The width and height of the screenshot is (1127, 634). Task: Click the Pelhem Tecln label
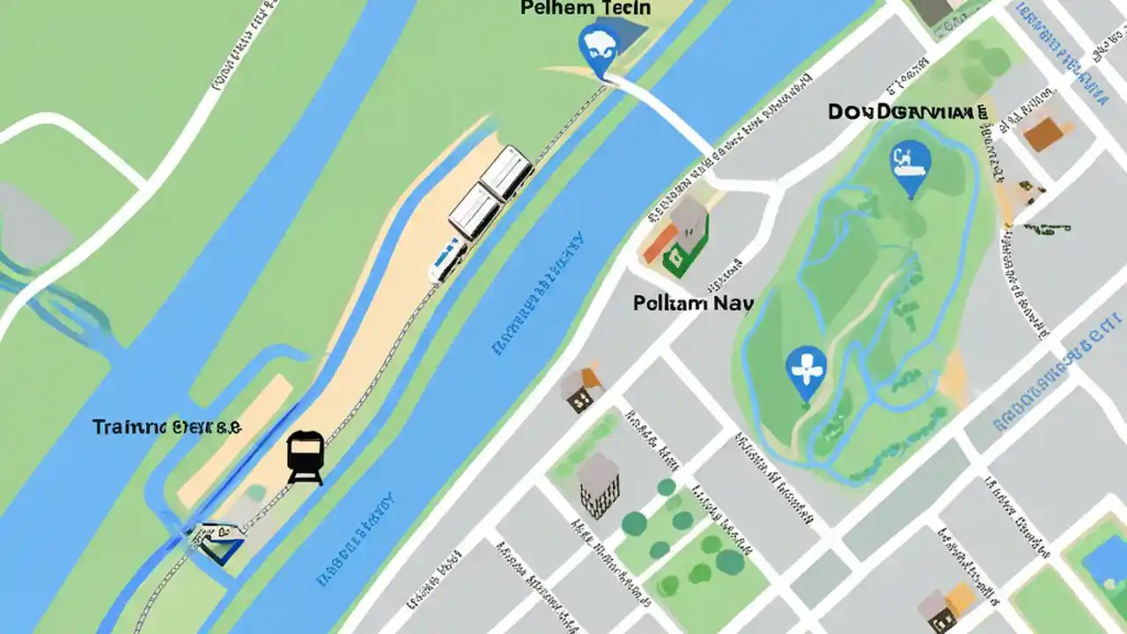tap(586, 9)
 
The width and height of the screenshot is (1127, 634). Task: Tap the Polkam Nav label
tap(693, 304)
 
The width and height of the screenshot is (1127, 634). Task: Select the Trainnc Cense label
tap(166, 427)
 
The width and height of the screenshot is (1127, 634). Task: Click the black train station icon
tap(306, 457)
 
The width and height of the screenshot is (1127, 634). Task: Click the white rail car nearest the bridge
tap(506, 171)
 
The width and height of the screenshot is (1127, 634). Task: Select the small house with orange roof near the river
tap(581, 388)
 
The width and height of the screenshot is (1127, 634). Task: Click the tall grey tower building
tap(599, 484)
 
